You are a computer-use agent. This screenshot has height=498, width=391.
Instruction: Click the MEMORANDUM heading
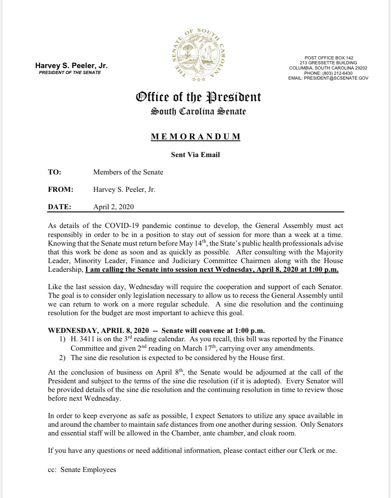[196, 137]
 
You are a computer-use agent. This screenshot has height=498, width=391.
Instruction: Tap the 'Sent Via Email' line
[195, 155]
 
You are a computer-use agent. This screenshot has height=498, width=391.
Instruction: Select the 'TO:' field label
[55, 172]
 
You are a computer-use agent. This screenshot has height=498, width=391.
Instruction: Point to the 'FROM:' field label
[60, 189]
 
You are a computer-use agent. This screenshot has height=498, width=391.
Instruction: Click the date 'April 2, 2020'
[113, 207]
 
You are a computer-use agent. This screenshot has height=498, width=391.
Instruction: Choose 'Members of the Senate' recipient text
[128, 172]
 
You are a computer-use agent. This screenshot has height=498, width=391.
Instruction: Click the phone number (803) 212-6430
[328, 73]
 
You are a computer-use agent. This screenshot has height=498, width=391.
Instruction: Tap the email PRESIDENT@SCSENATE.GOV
[328, 79]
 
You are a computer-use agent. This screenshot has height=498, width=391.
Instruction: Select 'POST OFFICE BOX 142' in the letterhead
[329, 58]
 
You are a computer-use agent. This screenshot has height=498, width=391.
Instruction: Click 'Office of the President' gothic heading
[198, 97]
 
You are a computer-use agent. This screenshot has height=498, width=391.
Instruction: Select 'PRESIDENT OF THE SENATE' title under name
[70, 73]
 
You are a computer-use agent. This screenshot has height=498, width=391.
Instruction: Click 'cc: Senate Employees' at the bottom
[82, 470]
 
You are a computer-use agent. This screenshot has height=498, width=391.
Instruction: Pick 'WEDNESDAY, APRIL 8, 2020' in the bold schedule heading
[98, 330]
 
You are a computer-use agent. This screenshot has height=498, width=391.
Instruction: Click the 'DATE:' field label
[59, 207]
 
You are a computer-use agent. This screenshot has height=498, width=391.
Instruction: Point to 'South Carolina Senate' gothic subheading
[198, 112]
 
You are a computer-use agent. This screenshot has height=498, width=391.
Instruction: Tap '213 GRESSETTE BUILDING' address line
[328, 63]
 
